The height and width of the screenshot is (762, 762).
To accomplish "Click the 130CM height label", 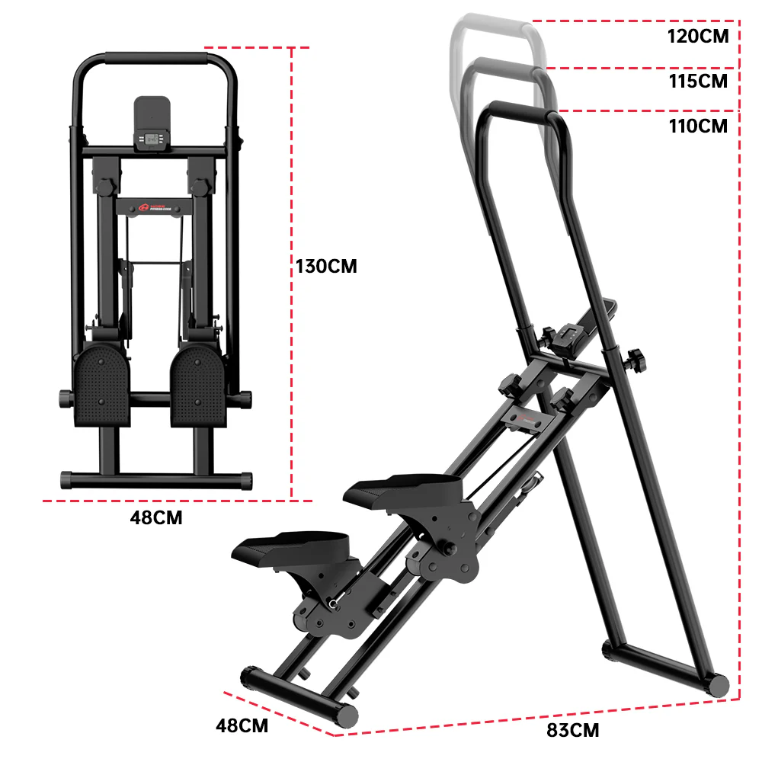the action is pos(326,267).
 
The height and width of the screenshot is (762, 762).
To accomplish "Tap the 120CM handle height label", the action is pos(697,36).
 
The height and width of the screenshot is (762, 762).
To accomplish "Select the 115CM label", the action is pos(697,81).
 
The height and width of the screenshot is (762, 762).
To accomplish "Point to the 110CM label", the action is pos(697,126).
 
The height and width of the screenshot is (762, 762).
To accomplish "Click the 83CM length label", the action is pos(572,730).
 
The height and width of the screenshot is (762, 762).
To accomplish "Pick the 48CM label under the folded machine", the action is pos(156,518).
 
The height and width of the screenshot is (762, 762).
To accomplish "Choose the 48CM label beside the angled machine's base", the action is pos(242,725).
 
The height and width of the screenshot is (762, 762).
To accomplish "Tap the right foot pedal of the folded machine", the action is pos(196,385).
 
